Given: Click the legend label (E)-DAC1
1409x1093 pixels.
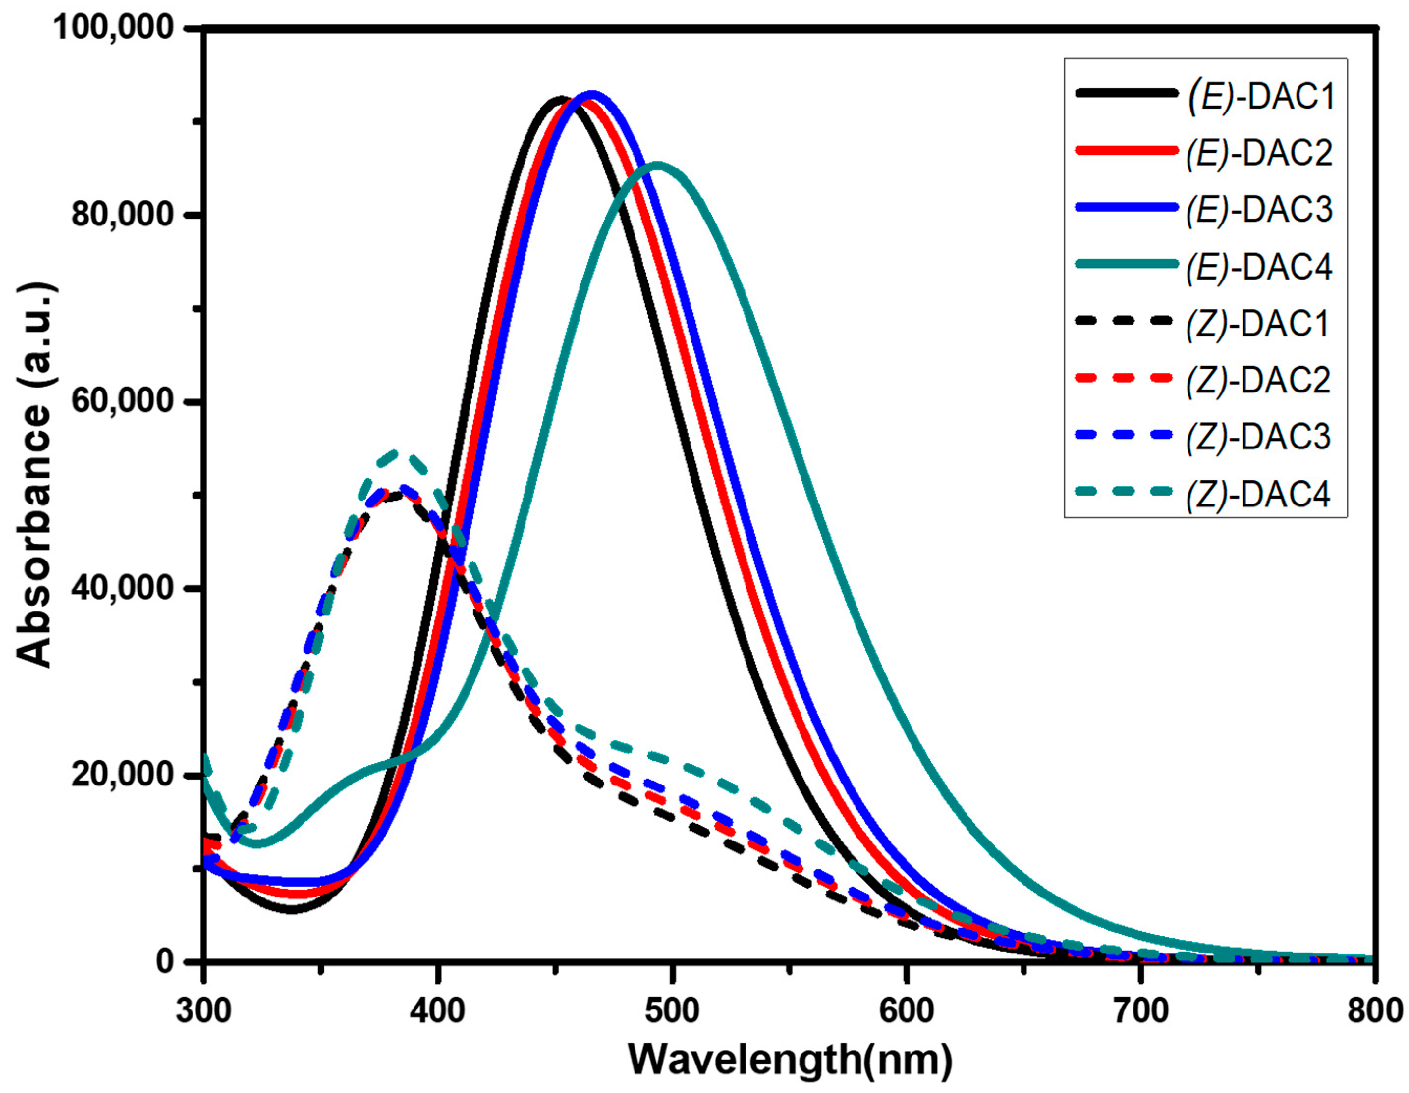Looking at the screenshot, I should click(1260, 95).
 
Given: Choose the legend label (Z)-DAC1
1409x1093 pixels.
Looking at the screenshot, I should click(1259, 323).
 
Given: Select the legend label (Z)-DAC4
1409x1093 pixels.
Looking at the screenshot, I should click(1259, 494).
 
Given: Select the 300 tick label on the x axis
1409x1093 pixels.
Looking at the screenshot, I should click(204, 1010).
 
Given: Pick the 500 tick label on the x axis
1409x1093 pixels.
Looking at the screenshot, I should click(672, 1010).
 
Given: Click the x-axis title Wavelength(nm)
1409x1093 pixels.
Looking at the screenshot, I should click(790, 1060).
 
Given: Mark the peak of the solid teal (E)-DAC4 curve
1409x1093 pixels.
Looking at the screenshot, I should click(657, 164).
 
